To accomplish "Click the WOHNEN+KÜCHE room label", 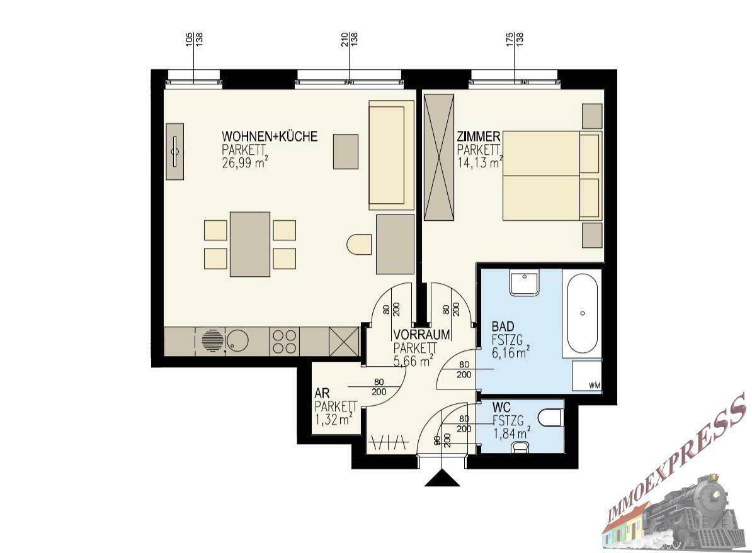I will point(270,137).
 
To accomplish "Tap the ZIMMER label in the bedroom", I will point(479,137).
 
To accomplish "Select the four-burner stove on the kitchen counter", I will point(284,341).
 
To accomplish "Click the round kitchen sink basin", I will point(238,341).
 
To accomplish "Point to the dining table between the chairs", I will point(250,244).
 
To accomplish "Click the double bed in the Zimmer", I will point(547,176).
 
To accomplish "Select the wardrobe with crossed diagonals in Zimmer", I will point(438,157).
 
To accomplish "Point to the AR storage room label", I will point(321,394).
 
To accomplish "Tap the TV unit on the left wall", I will point(175,151).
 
